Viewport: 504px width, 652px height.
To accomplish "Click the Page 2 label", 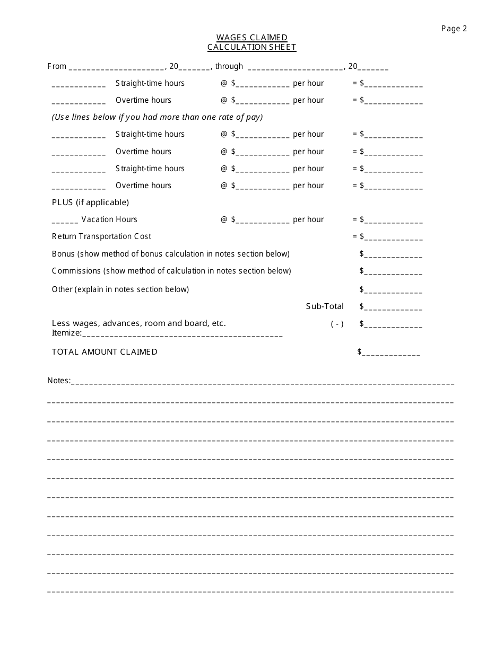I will [454, 29].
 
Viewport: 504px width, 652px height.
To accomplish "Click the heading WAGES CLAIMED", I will [251, 38].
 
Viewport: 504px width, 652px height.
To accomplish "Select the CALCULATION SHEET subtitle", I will [251, 47].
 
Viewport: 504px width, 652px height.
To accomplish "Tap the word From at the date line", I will [57, 66].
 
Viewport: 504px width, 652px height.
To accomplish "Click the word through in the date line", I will [229, 66].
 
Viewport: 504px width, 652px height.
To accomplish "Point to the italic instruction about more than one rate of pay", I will [157, 117].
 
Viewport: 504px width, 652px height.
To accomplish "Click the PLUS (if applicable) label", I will [90, 202].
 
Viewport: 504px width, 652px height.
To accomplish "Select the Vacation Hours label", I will [109, 219].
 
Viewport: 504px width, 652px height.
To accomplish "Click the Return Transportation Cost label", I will [101, 236].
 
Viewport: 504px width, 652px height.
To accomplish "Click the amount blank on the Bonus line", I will [393, 255].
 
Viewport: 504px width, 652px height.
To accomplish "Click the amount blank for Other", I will [393, 290].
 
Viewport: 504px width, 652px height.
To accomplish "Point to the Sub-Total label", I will [325, 306].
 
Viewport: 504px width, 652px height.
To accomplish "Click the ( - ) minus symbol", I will [337, 324].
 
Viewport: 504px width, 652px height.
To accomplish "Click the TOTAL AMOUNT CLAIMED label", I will [105, 352].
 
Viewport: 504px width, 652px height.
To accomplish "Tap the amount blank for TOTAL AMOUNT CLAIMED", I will [391, 353].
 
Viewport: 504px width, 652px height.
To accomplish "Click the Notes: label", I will [58, 381].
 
